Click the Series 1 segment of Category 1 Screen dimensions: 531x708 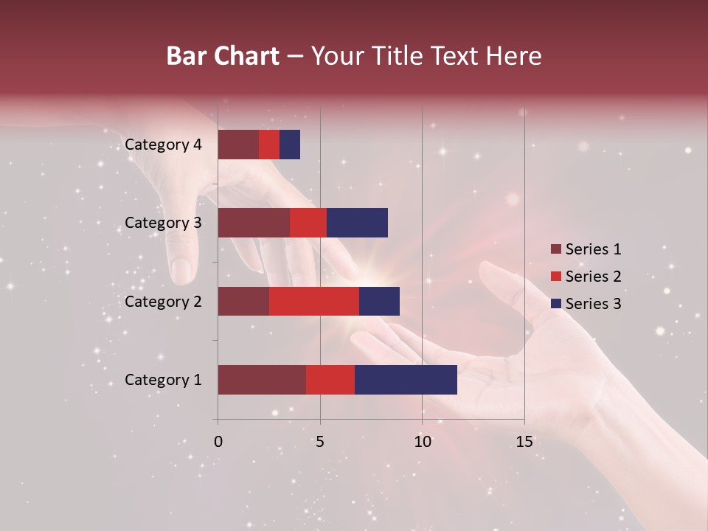[x=262, y=380]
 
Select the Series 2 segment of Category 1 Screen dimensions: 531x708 [x=330, y=380]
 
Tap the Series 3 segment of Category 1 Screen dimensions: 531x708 [x=406, y=380]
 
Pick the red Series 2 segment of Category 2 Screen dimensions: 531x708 [x=313, y=301]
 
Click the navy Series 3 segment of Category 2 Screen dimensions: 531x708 [x=379, y=301]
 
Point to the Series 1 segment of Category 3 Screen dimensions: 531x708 [x=254, y=223]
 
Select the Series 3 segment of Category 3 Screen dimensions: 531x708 [x=357, y=223]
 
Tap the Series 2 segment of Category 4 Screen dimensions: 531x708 [x=269, y=145]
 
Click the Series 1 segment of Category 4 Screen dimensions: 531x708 [x=238, y=145]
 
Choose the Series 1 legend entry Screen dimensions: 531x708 [x=586, y=249]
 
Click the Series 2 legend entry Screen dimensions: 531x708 [x=586, y=277]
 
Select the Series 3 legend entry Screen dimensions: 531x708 [x=586, y=304]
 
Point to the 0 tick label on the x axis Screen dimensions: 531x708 [x=218, y=442]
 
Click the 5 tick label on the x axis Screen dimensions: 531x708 [x=320, y=442]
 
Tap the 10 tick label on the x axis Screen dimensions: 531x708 [x=422, y=442]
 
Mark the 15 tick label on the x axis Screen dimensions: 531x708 [x=524, y=442]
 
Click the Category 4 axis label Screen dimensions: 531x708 [x=163, y=145]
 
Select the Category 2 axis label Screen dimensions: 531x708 [x=163, y=301]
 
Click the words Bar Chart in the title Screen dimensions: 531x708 [x=223, y=56]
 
